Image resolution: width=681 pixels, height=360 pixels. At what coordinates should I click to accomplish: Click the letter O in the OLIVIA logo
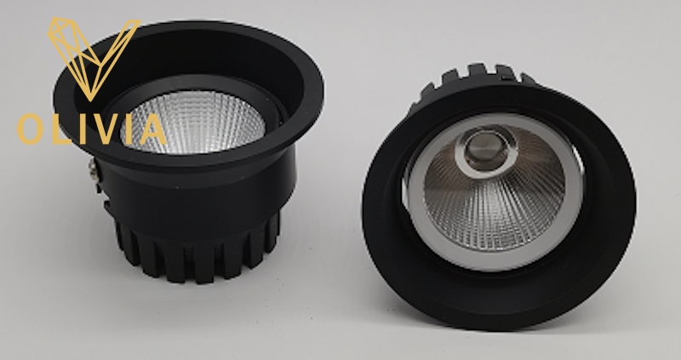pyautogui.click(x=31, y=129)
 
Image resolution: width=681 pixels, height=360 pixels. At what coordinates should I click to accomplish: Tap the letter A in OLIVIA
pyautogui.click(x=150, y=129)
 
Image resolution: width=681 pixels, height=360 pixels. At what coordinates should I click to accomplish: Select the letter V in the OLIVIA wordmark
pyautogui.click(x=101, y=129)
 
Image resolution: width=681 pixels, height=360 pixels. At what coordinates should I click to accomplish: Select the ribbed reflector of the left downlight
pyautogui.click(x=193, y=123)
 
